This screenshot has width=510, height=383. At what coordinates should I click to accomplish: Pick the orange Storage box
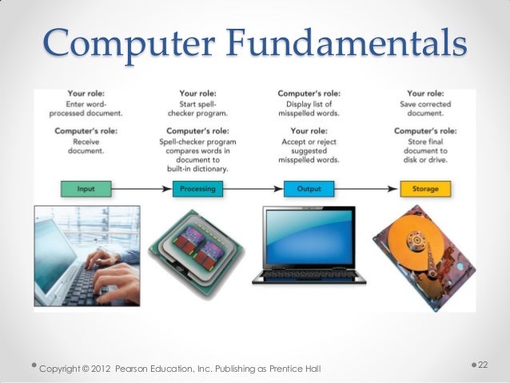point(425,190)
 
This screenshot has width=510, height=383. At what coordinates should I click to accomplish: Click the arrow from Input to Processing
point(141,190)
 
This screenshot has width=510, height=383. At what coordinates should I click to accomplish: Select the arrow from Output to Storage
point(367,190)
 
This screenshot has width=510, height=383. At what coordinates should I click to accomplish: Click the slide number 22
point(483,365)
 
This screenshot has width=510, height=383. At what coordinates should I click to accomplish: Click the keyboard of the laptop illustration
point(309,277)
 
